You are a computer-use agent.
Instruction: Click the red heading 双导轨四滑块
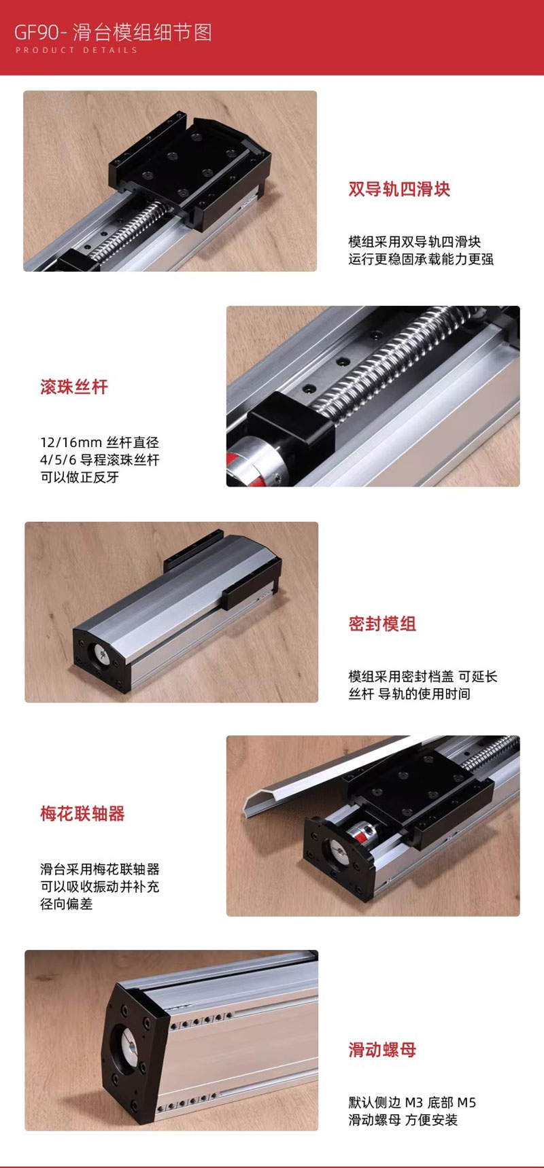(x=399, y=189)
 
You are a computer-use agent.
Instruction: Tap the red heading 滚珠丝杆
(x=74, y=387)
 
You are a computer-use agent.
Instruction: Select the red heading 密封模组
(x=382, y=624)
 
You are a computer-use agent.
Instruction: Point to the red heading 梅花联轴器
(x=82, y=813)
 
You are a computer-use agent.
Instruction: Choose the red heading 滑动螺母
(x=382, y=1050)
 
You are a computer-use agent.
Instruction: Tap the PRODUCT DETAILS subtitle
(x=76, y=50)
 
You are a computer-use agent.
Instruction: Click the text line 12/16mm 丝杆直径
(x=99, y=442)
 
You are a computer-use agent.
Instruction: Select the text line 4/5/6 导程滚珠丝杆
(x=99, y=460)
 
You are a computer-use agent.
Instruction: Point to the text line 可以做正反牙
(x=80, y=477)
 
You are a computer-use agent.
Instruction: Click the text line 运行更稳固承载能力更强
(x=421, y=259)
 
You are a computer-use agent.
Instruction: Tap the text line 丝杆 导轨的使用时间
(x=409, y=694)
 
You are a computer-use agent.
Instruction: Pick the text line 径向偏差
(x=66, y=904)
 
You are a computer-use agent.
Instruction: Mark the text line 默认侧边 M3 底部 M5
(x=412, y=1102)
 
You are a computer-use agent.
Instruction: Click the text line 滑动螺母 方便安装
(x=403, y=1120)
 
